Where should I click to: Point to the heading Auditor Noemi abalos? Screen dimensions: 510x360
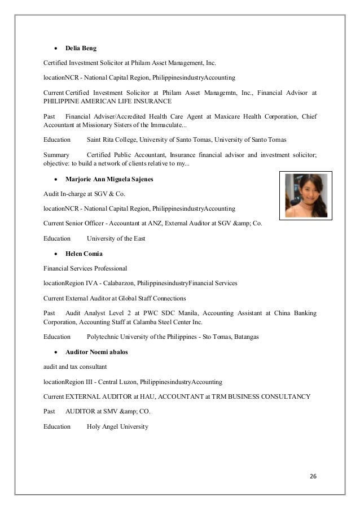click(x=96, y=352)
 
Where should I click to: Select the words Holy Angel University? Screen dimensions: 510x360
click(x=117, y=426)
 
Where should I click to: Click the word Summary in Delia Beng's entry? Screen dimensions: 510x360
click(x=56, y=154)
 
